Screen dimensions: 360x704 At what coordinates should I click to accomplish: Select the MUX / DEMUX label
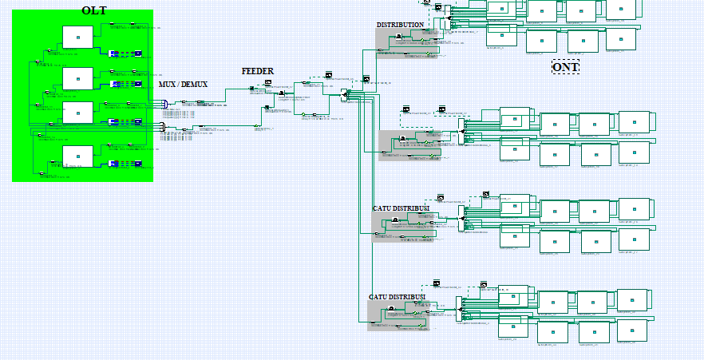(183, 84)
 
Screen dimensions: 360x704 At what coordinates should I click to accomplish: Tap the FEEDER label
(258, 71)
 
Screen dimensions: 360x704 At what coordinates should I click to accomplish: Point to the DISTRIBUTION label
(400, 25)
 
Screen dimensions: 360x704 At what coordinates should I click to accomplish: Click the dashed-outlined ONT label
(565, 67)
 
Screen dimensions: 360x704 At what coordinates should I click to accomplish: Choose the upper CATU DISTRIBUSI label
(401, 208)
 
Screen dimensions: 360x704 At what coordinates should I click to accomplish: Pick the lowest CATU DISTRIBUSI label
(397, 297)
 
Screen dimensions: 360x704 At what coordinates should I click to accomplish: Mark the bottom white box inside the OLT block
(77, 156)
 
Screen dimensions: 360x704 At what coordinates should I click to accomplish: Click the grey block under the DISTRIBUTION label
(402, 44)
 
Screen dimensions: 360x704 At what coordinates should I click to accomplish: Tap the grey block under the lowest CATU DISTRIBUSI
(397, 316)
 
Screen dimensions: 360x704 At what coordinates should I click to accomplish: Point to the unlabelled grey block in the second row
(408, 145)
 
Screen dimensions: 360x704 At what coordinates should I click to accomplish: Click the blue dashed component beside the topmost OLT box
(125, 54)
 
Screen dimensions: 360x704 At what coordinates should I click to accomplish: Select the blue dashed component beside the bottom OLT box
(125, 164)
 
